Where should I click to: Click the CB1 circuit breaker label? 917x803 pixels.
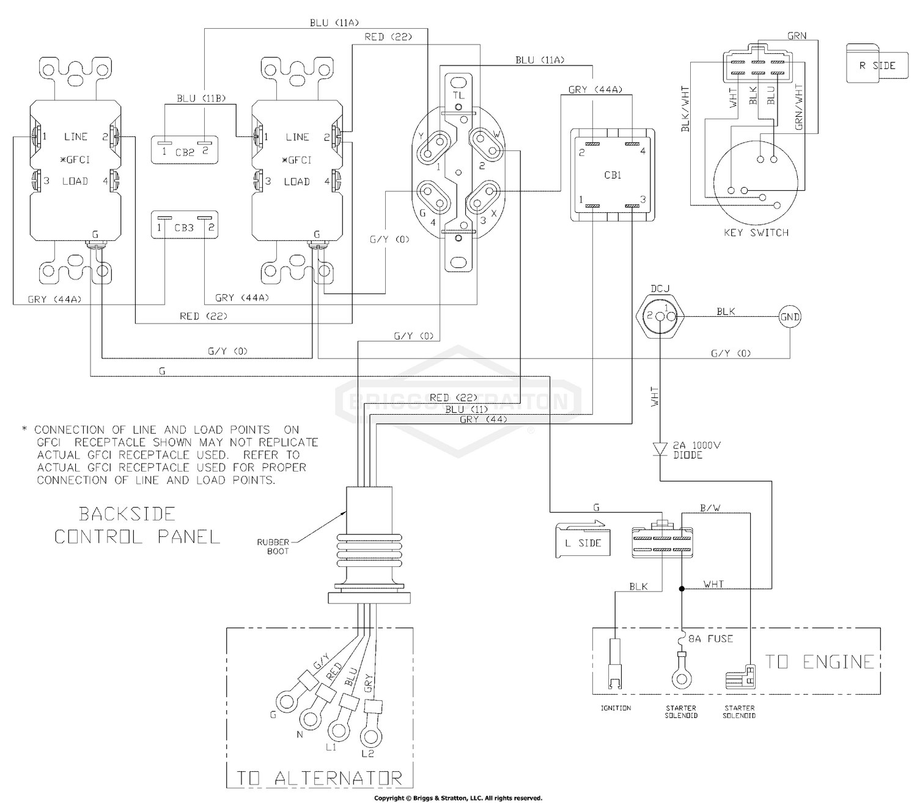612,176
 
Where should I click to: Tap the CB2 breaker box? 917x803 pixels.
185,150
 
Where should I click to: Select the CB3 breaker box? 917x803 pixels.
185,224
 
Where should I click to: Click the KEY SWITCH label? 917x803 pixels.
756,232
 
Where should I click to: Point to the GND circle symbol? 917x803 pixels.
790,317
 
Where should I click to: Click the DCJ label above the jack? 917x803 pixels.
660,289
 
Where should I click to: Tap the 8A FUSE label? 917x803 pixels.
711,638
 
